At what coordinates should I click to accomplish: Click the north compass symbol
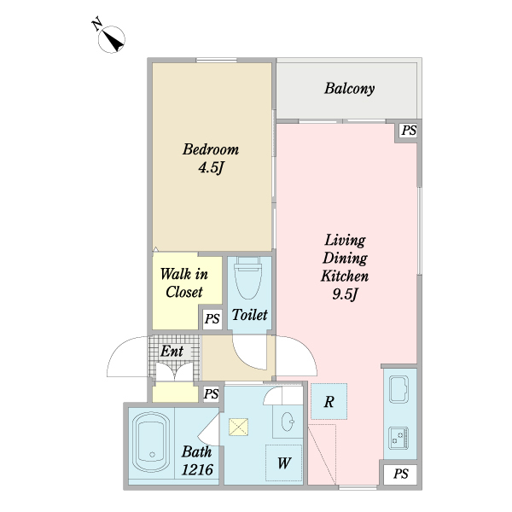(111, 39)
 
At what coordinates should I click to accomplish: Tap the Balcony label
(349, 89)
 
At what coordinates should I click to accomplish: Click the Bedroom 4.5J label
(211, 159)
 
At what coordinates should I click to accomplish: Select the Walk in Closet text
(184, 282)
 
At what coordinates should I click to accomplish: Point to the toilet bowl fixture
(248, 277)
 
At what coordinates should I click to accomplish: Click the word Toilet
(250, 314)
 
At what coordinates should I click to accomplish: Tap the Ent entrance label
(172, 351)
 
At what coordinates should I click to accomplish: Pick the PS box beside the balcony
(408, 131)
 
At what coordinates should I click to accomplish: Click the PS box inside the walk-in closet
(212, 318)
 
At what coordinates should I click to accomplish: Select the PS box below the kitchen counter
(401, 474)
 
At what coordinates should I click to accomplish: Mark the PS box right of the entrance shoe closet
(211, 393)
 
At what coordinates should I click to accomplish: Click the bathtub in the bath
(151, 441)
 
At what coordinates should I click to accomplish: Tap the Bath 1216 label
(197, 461)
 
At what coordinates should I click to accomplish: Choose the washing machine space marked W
(283, 463)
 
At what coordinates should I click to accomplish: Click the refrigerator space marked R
(329, 401)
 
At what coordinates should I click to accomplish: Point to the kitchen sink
(399, 390)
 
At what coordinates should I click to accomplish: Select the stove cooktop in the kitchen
(399, 438)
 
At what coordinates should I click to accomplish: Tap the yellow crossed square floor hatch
(238, 428)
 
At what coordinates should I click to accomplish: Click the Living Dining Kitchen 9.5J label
(345, 267)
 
